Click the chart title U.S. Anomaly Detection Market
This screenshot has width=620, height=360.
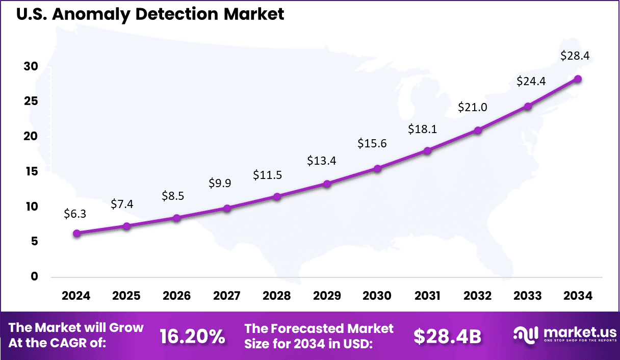pos(150,14)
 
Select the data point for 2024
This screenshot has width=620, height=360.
pos(76,234)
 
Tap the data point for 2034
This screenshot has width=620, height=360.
pos(578,79)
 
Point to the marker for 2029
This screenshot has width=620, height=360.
pos(327,184)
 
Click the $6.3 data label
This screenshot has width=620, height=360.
pos(75,214)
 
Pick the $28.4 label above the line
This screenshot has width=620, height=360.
pos(575,56)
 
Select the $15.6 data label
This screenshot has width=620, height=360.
pos(372,144)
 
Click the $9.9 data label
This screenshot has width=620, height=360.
pos(220,183)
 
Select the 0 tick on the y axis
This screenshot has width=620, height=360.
pos(34,277)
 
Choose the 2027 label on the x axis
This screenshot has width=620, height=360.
pos(226,296)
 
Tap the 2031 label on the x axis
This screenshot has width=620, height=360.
pos(427,296)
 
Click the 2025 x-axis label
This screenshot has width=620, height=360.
pos(126,296)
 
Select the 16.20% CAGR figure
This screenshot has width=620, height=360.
pos(192,336)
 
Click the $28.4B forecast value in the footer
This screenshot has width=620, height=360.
pos(447,336)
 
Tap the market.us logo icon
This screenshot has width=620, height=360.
pos(525,335)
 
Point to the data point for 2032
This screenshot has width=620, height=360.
pos(478,131)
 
